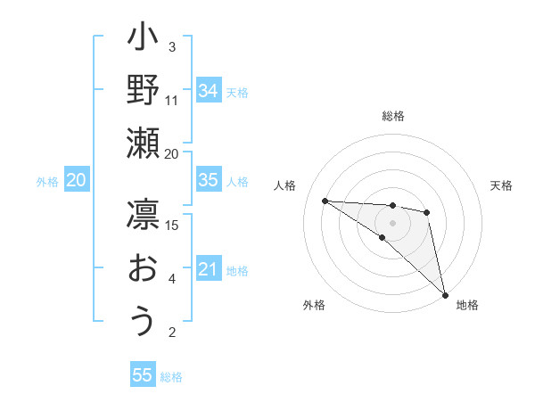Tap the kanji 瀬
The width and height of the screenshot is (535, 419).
click(143, 143)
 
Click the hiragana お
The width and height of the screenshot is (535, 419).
click(143, 268)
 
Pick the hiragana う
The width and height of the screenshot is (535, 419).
click(143, 321)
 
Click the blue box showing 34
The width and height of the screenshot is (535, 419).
click(208, 90)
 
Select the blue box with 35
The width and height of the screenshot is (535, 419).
click(208, 180)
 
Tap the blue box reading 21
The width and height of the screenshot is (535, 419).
click(208, 269)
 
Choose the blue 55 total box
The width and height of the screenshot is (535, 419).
click(142, 375)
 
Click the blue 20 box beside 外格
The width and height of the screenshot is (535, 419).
click(76, 180)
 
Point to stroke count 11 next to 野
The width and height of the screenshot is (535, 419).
click(172, 100)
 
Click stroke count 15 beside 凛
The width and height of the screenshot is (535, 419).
click(172, 225)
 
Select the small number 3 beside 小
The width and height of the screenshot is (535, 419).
click(172, 46)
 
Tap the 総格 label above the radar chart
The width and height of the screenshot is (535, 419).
click(392, 116)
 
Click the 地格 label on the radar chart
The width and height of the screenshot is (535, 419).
click(467, 306)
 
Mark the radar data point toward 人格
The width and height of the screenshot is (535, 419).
click(325, 200)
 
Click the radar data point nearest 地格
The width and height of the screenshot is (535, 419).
click(444, 293)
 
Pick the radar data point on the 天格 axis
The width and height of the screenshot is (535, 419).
click(427, 212)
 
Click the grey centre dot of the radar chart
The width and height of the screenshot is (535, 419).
click(392, 222)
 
